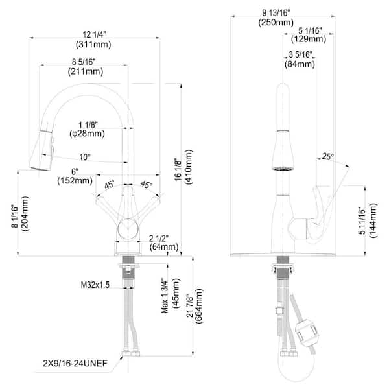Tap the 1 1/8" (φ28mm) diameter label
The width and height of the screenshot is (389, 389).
coord(87,128)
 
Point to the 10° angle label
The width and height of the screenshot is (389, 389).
coord(84,157)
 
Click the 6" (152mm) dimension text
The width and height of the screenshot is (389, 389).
coord(82,176)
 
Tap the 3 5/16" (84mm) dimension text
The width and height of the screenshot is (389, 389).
coord(299,60)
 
